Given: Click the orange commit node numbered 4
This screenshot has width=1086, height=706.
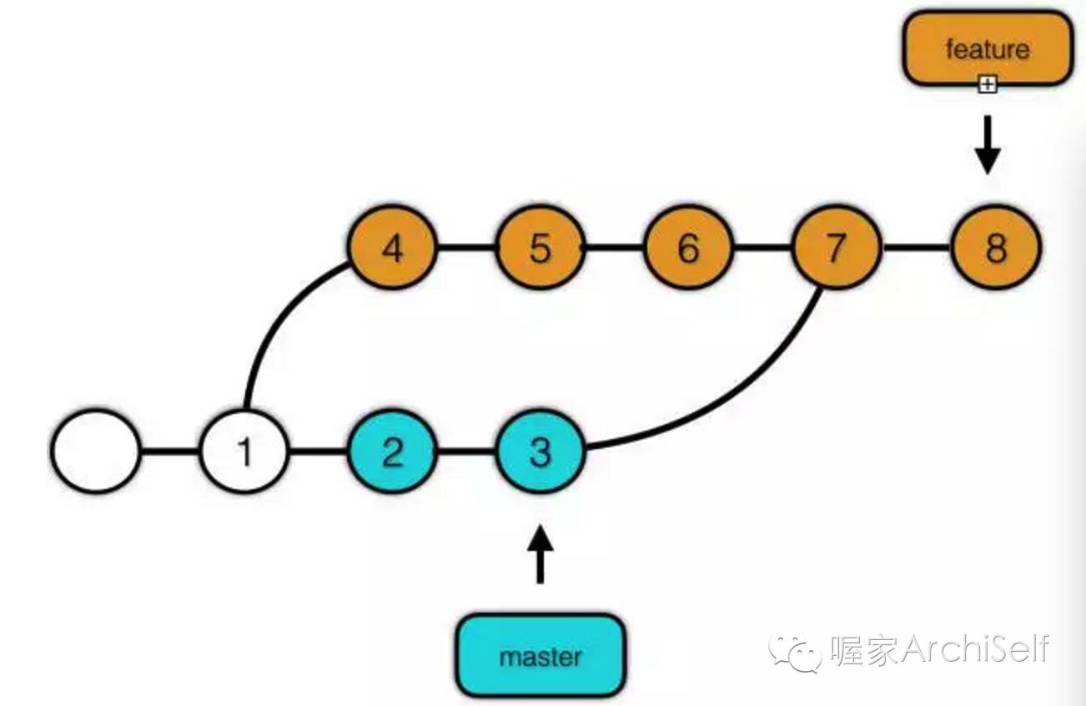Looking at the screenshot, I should click(x=393, y=248).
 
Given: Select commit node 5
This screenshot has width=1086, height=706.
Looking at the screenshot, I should click(x=540, y=248).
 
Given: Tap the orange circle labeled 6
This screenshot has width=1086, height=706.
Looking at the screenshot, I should click(x=687, y=248).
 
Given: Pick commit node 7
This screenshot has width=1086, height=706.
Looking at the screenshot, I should click(x=836, y=248).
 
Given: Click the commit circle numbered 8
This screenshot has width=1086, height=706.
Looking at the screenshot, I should click(x=996, y=248).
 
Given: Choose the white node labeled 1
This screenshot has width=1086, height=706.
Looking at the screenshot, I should click(x=244, y=451).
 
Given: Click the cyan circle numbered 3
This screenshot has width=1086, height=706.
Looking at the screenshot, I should click(x=540, y=451).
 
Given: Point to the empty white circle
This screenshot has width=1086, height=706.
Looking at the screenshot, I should click(x=95, y=451).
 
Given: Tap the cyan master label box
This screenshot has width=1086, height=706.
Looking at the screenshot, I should click(x=540, y=656).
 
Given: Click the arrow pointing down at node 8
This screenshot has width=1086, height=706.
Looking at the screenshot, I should click(x=988, y=144).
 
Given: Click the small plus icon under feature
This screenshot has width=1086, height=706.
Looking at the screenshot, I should click(x=988, y=83).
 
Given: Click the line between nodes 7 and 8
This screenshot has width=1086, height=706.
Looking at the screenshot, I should click(x=916, y=248).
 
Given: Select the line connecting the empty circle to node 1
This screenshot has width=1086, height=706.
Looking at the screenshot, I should click(x=170, y=451).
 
